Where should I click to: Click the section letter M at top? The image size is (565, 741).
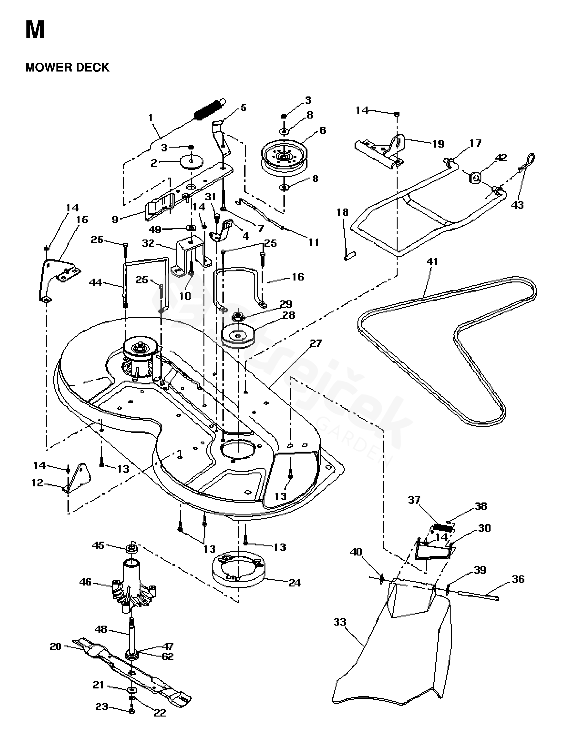click(35, 30)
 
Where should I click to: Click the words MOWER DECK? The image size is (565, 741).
click(67, 67)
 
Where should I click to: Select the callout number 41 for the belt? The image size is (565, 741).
click(432, 261)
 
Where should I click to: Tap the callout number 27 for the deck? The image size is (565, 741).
click(315, 343)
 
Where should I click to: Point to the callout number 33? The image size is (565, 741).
click(340, 622)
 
